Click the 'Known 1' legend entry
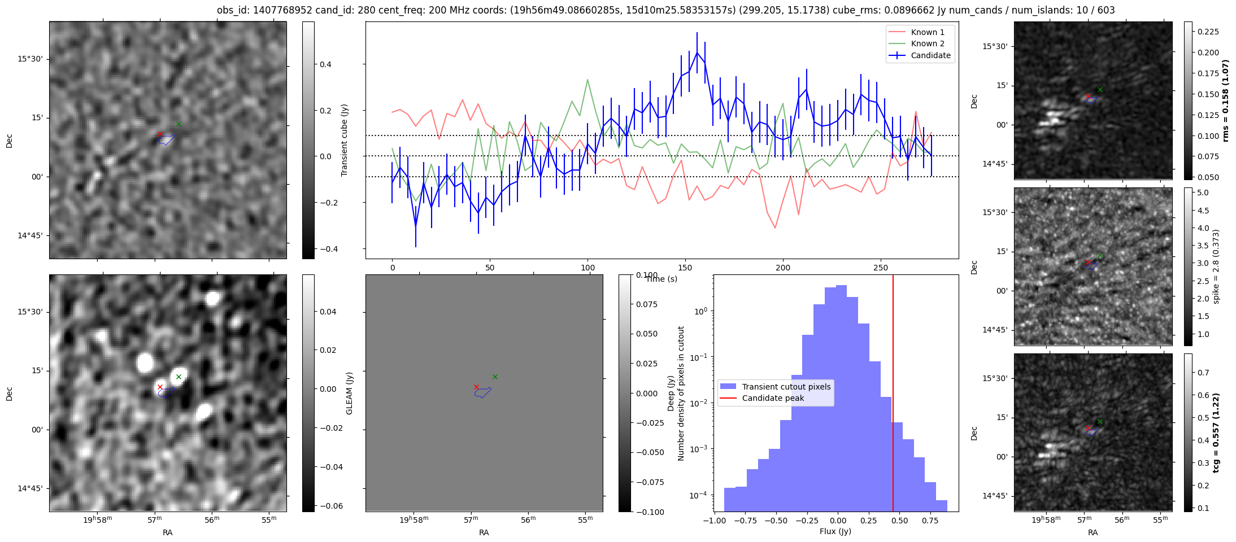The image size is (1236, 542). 928,32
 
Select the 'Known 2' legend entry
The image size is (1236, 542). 928,43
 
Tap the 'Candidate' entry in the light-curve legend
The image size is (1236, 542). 930,55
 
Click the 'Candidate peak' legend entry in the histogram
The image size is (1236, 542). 773,398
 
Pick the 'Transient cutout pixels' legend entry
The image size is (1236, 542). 786,387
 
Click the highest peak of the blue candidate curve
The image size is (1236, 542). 697,53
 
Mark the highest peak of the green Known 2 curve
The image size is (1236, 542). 588,80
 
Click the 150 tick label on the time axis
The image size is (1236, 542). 685,268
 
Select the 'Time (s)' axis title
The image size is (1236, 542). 661,279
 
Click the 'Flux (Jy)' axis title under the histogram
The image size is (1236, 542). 835,531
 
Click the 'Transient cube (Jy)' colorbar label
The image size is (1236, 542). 345,140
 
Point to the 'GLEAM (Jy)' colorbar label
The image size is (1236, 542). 349,394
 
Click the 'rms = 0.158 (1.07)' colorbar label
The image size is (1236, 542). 1225,100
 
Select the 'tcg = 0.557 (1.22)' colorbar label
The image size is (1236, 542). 1216,432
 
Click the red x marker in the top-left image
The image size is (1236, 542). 160,134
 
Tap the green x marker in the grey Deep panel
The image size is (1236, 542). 495,377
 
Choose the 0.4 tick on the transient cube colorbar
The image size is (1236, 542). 325,64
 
